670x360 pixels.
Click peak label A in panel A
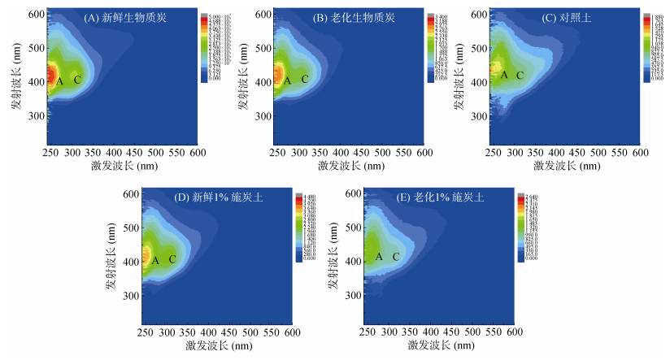coord(59,80)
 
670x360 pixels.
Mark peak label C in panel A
coord(77,80)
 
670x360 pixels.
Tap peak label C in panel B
coord(305,79)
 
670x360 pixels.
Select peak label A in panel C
coord(504,75)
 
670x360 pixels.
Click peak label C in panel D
coord(172,260)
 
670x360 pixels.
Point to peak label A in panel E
coord(379,257)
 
